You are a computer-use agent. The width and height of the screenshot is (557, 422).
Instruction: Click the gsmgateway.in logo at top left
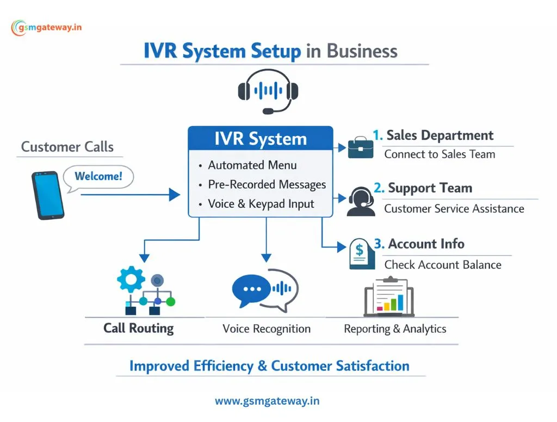[x=46, y=27]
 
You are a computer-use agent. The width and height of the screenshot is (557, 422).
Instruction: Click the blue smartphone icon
[x=47, y=195]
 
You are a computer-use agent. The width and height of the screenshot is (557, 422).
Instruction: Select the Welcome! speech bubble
[x=98, y=177]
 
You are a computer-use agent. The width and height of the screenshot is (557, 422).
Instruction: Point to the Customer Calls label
[x=67, y=147]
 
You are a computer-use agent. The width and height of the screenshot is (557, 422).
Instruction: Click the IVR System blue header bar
[x=260, y=139]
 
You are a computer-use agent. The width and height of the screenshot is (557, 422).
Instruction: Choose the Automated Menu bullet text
[x=252, y=165]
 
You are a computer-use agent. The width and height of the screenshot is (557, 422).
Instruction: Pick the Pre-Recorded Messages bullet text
[x=267, y=184]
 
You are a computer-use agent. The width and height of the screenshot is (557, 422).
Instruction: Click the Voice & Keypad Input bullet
[x=261, y=204]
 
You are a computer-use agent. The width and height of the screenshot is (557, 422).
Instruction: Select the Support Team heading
[x=430, y=188]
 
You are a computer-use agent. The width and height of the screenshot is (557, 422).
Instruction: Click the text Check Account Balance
[x=443, y=265]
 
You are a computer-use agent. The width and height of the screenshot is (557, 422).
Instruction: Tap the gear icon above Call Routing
[x=131, y=280]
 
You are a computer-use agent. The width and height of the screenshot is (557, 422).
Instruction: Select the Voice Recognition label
[x=267, y=329]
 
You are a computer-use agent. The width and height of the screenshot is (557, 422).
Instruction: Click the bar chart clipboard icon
[x=388, y=296]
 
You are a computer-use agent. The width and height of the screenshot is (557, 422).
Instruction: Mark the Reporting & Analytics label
[x=395, y=329]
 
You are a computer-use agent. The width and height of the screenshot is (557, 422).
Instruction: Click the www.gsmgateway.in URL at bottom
[x=267, y=401]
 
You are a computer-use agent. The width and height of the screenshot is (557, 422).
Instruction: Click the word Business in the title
[x=362, y=52]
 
